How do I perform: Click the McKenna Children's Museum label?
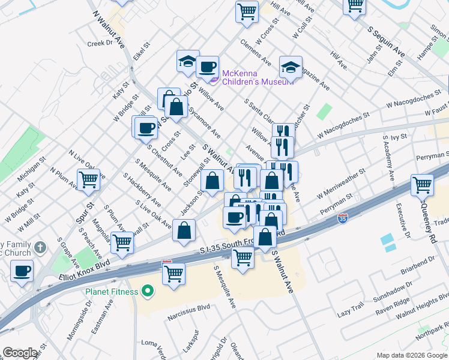click(x=258, y=77)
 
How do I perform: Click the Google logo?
click(x=20, y=353)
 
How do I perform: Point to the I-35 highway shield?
click(x=342, y=218)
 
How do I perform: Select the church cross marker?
click(x=40, y=247)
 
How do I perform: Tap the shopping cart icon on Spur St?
click(x=88, y=180)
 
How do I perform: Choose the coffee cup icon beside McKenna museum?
click(x=208, y=67)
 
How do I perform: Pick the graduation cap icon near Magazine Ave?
click(x=291, y=67)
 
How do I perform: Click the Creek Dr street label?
click(x=100, y=43)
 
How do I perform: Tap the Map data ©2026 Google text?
click(x=412, y=355)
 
